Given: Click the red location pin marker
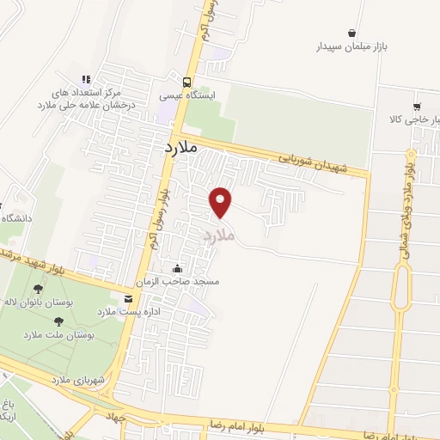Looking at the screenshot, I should pos(222,202).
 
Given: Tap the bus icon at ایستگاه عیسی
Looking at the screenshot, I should pos(175,83).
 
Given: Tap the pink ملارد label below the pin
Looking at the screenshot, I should pos(218,234).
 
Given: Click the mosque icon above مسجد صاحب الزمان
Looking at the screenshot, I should pos(178,268).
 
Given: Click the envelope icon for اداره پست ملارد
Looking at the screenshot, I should pos(129,299).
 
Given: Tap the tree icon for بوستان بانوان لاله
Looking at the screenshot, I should pos(37,290).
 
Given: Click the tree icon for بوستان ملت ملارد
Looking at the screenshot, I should pos(58,321).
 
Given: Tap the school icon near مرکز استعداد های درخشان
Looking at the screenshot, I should pos(85,78).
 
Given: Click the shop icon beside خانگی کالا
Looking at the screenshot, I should pos(417,107).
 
